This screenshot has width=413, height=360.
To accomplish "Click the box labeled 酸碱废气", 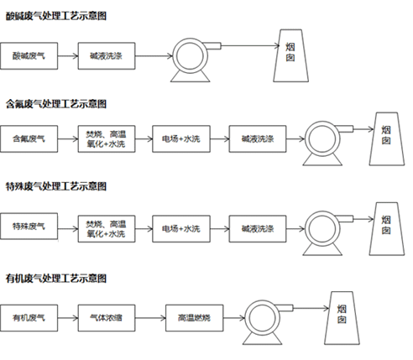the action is tap(29, 56).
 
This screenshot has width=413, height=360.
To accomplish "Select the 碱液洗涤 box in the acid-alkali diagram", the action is tap(107, 56).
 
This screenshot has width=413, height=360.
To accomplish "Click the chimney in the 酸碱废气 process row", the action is tap(290, 55).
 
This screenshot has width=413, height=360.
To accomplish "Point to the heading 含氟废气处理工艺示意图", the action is tap(56, 104).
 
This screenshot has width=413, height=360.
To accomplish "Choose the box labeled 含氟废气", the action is tap(29, 139).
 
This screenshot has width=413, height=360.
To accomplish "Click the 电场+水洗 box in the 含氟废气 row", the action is tap(181, 139).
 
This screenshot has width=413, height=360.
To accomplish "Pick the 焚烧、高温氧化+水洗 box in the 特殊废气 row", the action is tap(107, 229).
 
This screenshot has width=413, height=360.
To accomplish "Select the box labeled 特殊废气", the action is tap(29, 227).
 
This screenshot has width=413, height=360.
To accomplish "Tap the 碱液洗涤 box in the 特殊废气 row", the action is tap(258, 229).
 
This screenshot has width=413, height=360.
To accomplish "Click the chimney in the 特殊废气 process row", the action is tap(387, 229).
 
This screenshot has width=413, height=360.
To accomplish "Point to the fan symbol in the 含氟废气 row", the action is tap(326, 143).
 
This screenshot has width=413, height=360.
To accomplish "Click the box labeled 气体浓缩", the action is tap(107, 318).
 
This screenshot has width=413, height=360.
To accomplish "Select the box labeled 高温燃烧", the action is tap(195, 318).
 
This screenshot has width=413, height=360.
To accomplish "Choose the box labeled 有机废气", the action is tap(29, 318).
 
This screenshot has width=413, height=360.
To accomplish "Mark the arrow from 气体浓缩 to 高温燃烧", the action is tap(150, 318).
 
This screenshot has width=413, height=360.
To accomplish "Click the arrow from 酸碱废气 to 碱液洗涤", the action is tap(68, 56).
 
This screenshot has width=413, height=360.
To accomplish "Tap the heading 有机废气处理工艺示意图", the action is tap(56, 279).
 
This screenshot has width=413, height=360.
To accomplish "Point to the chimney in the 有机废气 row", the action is tap(342, 318).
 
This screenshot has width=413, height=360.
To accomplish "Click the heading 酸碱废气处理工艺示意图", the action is tap(56, 16).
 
